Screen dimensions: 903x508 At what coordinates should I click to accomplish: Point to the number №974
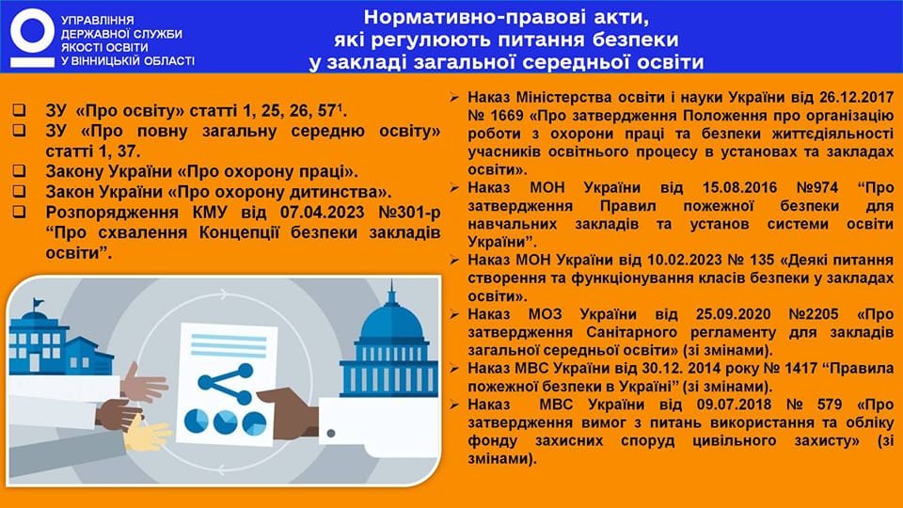[x=817, y=188]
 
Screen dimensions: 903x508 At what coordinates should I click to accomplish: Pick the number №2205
[x=813, y=314]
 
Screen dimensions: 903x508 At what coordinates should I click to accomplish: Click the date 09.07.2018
[x=734, y=405]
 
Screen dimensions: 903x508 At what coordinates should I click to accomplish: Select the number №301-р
[x=409, y=213]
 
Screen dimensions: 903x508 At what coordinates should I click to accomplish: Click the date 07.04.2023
[x=322, y=213]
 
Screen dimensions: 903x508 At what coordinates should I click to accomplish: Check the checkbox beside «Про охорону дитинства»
[x=20, y=191]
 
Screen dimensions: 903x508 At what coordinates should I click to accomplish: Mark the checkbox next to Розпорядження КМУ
[x=20, y=212]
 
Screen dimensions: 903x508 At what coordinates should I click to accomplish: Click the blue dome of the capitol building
[x=391, y=322]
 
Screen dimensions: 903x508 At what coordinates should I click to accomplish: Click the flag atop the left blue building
[x=38, y=302]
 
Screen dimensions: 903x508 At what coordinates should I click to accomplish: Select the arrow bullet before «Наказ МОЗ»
[x=454, y=314]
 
